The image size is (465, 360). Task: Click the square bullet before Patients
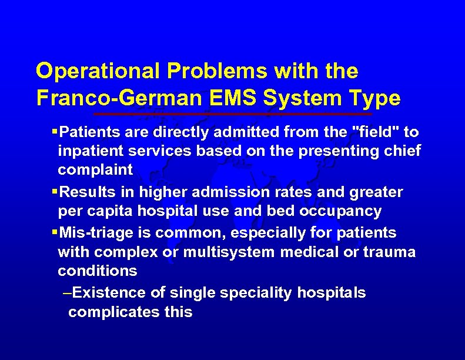pyautogui.click(x=55, y=131)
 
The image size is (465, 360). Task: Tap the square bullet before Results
pyautogui.click(x=55, y=192)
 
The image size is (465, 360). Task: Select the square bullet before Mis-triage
pyautogui.click(x=55, y=233)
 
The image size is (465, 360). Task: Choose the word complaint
pyautogui.click(x=95, y=171)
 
